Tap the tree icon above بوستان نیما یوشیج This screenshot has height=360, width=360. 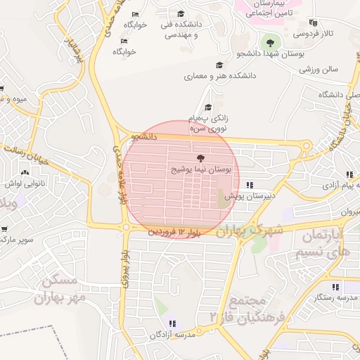click(x=201, y=158)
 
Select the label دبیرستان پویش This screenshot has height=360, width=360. click(x=248, y=198)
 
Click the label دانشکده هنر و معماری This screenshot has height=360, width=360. click(x=220, y=75)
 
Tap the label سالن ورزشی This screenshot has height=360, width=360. click(x=319, y=69)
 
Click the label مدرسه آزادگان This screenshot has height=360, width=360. click(x=172, y=335)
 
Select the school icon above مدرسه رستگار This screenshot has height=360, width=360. click(x=335, y=287)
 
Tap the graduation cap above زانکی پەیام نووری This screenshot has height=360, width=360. click(x=208, y=106)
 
